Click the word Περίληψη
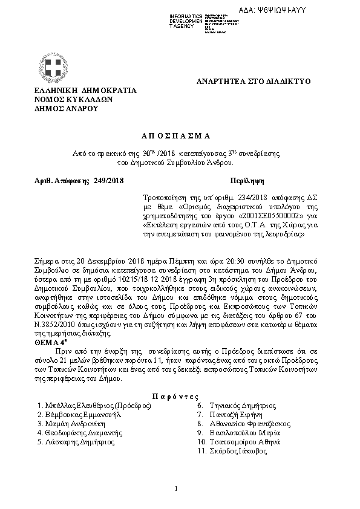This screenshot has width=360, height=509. click(247, 181)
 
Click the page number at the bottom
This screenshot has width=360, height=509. click(175, 488)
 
